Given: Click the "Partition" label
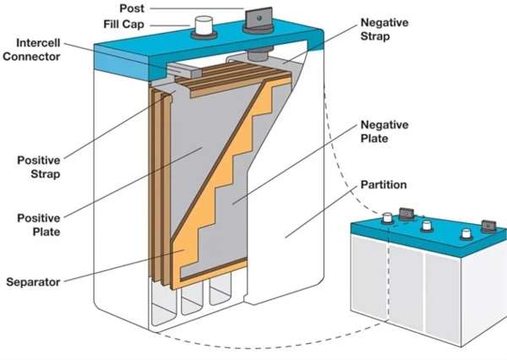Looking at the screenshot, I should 383,184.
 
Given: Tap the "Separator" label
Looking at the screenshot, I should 39,281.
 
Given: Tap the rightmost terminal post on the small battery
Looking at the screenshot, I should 488,226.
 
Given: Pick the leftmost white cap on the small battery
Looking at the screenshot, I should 388,218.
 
